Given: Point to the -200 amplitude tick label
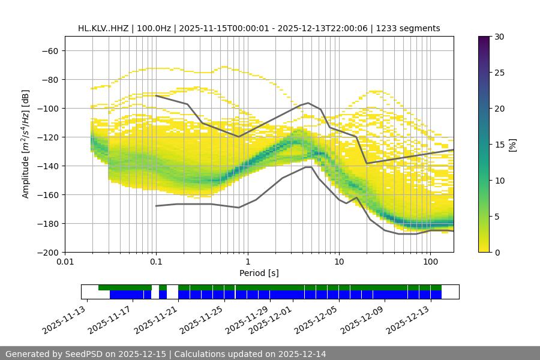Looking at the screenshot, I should point(47,252).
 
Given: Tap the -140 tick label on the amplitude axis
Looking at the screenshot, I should point(47,166).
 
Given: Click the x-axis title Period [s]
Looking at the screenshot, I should point(259,273).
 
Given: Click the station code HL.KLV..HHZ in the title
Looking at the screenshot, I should point(105,28).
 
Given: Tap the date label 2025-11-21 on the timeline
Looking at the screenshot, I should point(157,321).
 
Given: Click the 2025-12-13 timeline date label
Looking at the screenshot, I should point(409,321).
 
